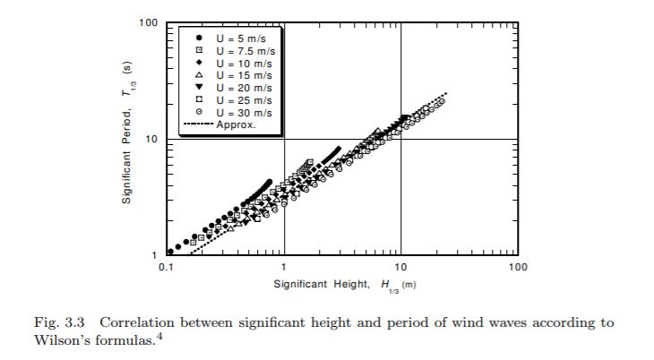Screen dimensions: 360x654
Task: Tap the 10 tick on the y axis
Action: point(151,139)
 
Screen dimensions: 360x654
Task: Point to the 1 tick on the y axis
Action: point(155,255)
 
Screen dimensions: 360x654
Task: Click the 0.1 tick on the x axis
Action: point(165,267)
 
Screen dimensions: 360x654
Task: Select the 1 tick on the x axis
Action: point(283,267)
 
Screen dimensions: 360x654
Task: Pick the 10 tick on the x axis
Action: point(400,267)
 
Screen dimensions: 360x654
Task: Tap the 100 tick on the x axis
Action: point(517,267)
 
